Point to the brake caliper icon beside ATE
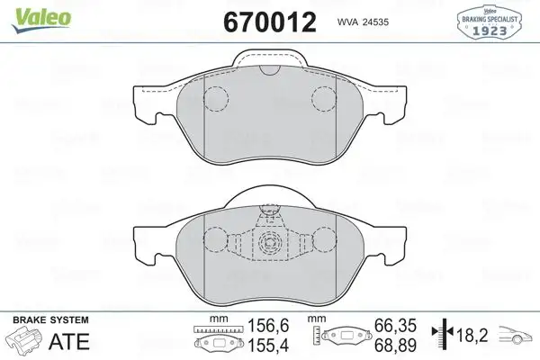pos(27,342)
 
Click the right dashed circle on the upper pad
pos(321,98)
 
